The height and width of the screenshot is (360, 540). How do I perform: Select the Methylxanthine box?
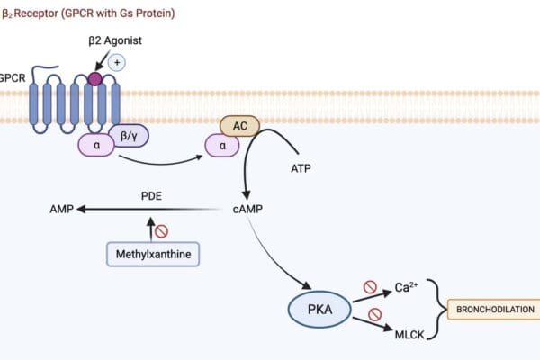click(153, 255)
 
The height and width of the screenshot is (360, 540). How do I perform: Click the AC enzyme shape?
click(239, 126)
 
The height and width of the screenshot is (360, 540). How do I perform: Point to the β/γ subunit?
click(128, 135)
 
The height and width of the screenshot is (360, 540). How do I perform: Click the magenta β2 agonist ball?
click(94, 79)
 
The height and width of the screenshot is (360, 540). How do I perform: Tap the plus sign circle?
click(117, 62)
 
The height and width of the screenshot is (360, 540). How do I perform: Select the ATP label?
click(302, 168)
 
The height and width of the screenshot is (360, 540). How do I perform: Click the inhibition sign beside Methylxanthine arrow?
click(162, 231)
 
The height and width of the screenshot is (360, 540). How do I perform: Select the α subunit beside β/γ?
click(95, 144)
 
